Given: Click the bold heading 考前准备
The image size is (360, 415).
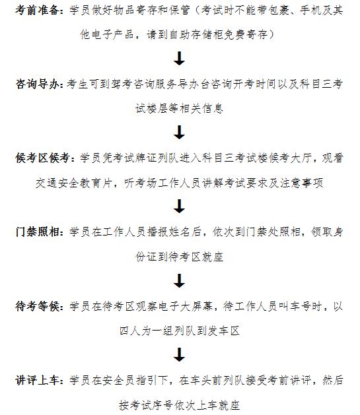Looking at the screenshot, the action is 38,11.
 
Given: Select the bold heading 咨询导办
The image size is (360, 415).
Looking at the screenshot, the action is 38,84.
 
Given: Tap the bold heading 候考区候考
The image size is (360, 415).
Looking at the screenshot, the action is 43,158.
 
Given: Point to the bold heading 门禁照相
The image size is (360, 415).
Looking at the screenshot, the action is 38,232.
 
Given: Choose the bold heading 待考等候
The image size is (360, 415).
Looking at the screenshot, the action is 38,307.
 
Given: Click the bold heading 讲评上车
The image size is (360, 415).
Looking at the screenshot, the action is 38,381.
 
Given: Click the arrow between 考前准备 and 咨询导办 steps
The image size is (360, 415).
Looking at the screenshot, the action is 179,59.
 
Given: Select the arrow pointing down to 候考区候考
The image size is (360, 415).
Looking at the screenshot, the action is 179,133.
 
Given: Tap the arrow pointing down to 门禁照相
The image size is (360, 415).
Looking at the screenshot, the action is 179,206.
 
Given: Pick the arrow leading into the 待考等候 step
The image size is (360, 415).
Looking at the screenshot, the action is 179,281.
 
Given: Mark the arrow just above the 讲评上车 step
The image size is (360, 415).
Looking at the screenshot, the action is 179,355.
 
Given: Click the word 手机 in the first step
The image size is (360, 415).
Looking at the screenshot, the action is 310,11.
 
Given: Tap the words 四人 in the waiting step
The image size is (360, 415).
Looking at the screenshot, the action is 130,331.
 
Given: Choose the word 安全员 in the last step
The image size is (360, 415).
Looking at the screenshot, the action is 119,381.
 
